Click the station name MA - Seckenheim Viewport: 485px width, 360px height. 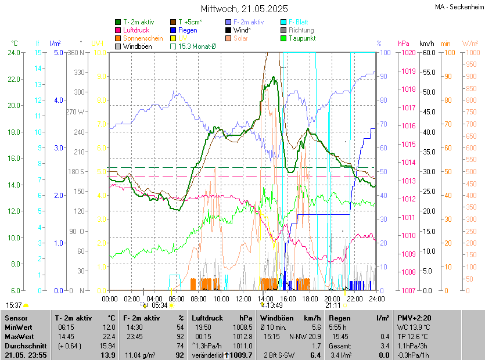click(459, 6)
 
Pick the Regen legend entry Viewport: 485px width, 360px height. click(188, 30)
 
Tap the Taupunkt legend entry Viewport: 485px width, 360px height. click(301, 38)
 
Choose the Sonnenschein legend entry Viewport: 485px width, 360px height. click(143, 38)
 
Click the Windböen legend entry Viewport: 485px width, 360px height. click(138, 46)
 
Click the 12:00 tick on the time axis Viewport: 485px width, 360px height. click(243, 298)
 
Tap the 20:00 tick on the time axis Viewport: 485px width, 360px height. click(332, 298)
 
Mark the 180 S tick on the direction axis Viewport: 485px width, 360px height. click(76, 171)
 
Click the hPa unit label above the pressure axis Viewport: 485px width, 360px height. click(404, 43)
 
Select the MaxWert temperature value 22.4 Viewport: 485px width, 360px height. click(108, 337)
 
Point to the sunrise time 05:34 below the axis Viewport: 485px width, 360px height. click(160, 305)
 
